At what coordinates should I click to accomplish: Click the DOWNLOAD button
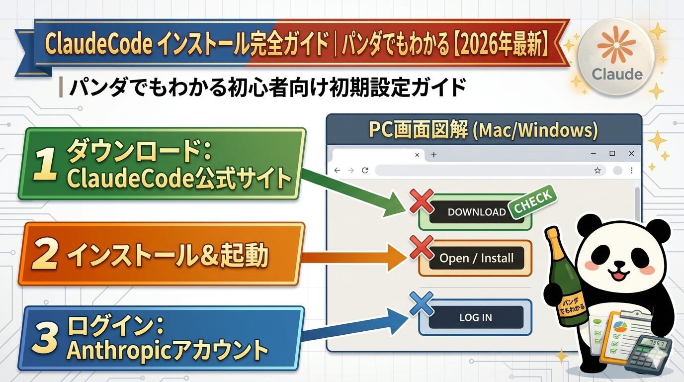coord(476,212)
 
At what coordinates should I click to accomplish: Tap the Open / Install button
coord(476,258)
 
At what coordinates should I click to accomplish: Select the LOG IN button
coord(475,317)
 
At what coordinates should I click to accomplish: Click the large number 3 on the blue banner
coord(46,339)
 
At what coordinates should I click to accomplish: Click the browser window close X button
coord(631,154)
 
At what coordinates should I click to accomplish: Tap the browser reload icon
coord(365,170)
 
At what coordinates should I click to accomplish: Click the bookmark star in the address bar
coord(598,171)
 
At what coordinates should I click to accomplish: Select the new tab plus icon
coord(433,155)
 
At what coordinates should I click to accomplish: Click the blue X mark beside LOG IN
coord(422,304)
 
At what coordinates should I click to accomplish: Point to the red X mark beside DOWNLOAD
coord(422,201)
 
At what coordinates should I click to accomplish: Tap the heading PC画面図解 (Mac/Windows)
coord(483,130)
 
